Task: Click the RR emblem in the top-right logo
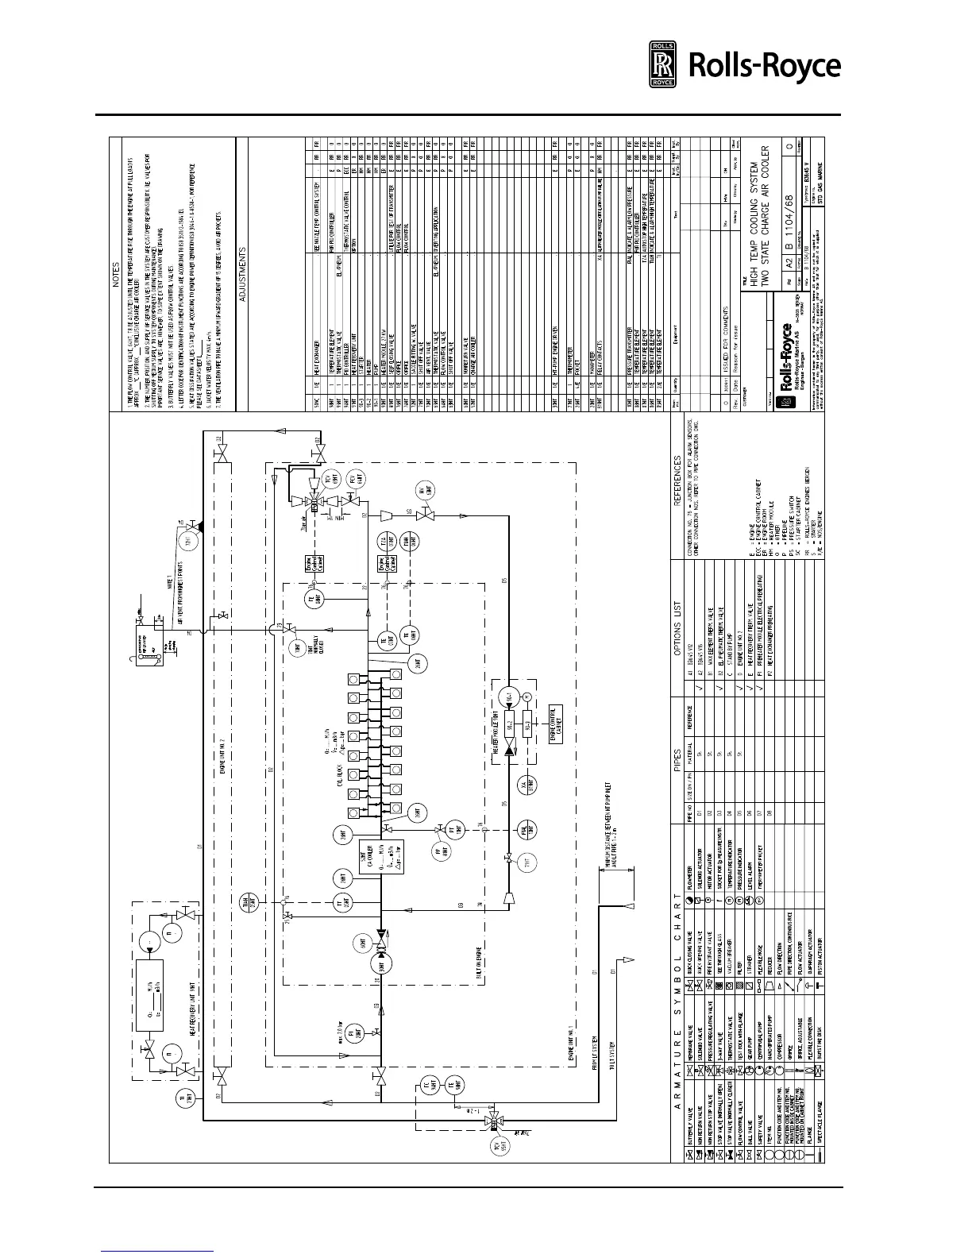click(662, 64)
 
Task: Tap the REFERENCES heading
click(676, 480)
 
